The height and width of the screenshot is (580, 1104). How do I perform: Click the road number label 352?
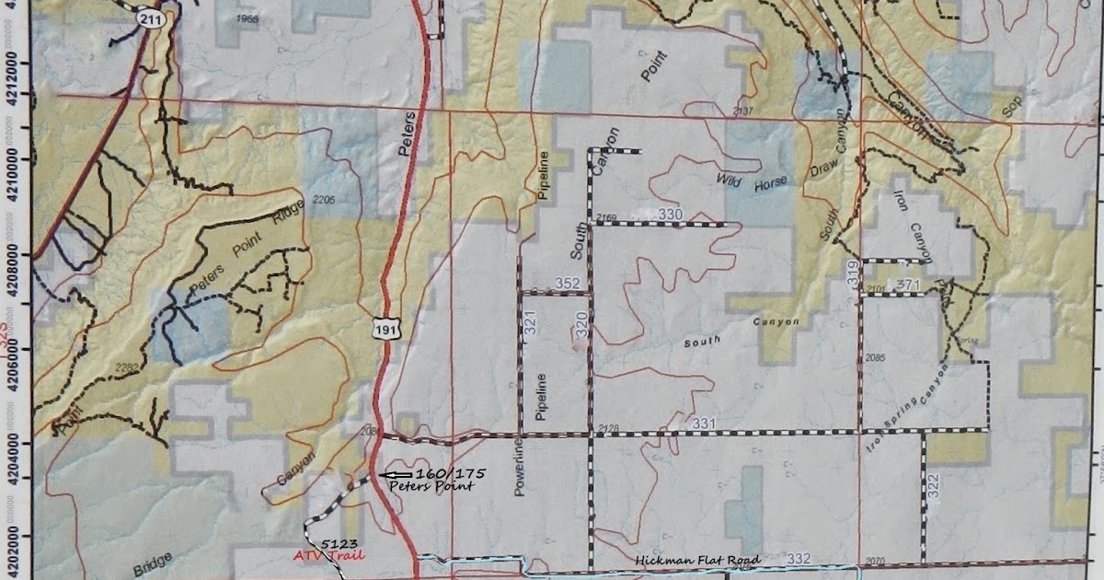[569, 284]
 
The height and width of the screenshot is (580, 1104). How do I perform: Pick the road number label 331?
[704, 423]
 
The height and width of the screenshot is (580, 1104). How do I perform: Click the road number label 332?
[801, 559]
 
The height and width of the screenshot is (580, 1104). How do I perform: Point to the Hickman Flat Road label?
[697, 561]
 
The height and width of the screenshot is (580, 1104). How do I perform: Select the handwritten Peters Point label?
[431, 485]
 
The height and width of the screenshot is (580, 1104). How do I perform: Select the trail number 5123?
[339, 543]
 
